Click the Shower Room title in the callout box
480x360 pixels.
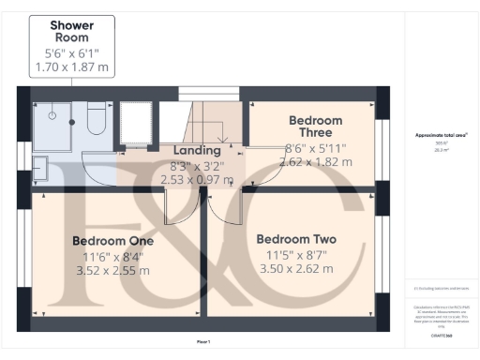coord(70,30)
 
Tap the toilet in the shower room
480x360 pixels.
coord(96,119)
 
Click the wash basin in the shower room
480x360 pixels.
coord(38,169)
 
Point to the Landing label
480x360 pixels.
coord(197,150)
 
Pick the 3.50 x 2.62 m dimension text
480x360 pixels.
coord(295,268)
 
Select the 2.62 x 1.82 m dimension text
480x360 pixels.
coord(315,161)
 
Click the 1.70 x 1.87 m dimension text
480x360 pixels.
coord(70,67)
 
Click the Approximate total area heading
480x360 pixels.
coord(442,135)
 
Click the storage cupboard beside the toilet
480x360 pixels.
coord(137,122)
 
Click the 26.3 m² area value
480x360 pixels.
coord(442,148)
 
